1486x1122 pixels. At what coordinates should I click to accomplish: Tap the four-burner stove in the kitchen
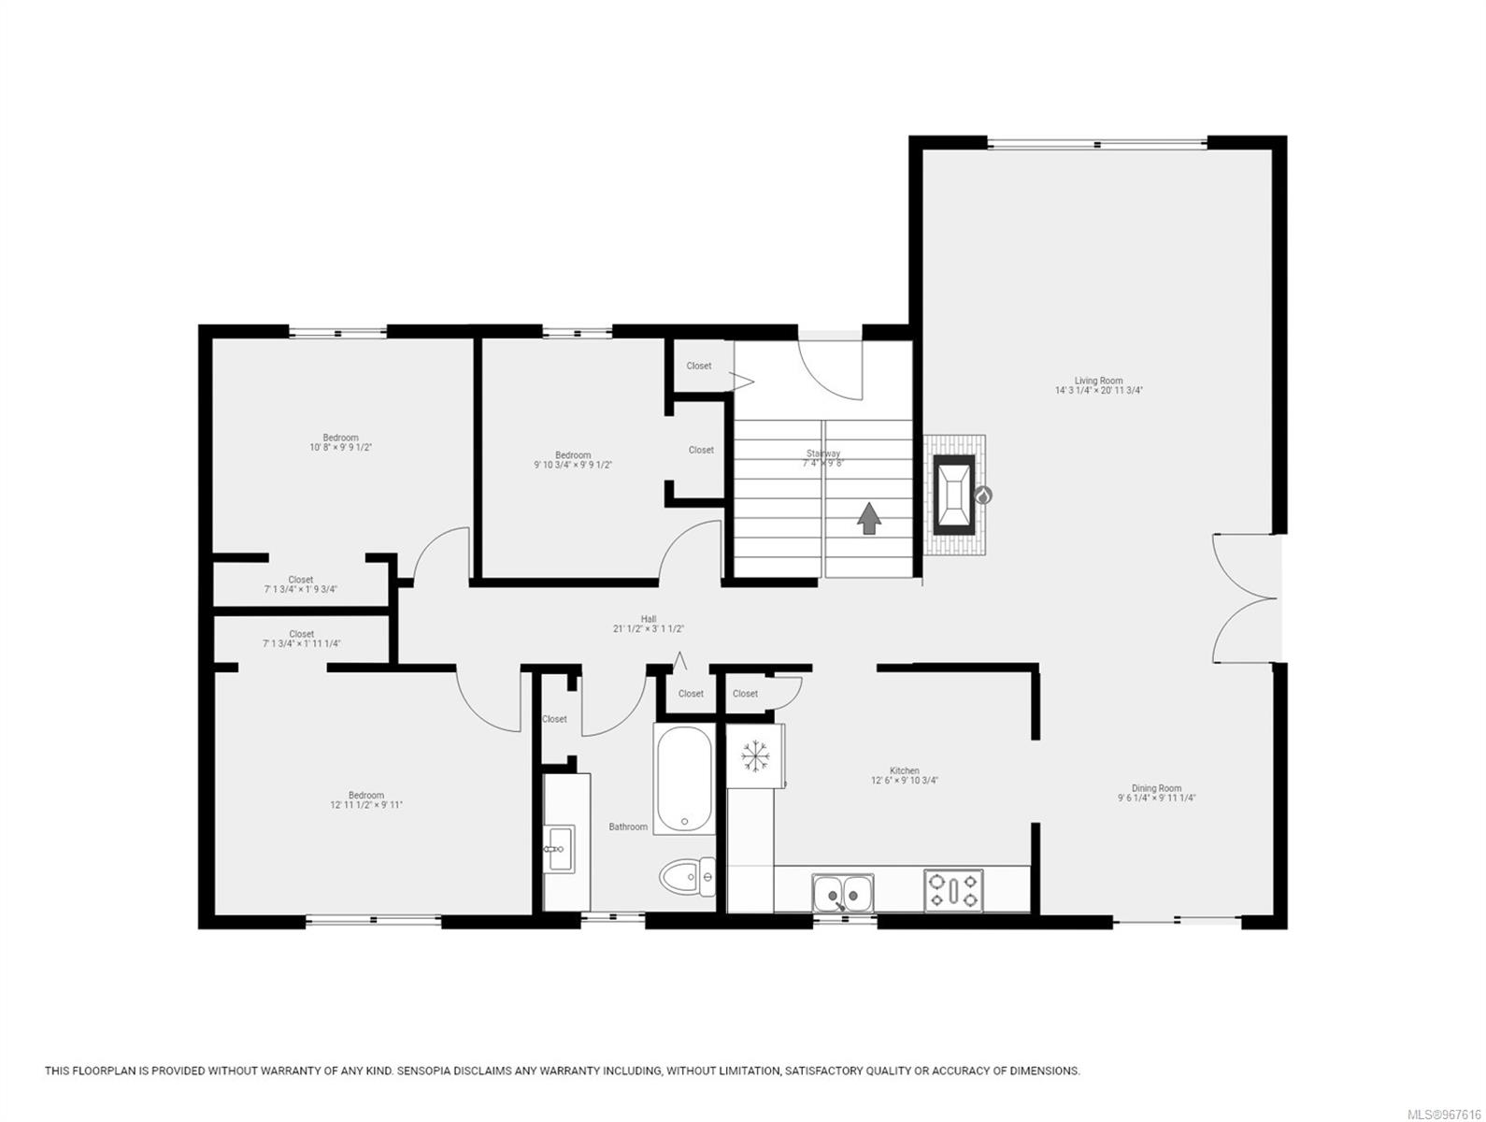(x=953, y=889)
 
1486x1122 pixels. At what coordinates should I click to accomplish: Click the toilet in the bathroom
(x=687, y=877)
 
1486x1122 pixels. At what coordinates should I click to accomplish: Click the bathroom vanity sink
(x=560, y=848)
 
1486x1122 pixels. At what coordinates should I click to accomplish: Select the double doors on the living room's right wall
(x=1246, y=598)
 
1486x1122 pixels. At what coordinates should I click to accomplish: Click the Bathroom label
(x=628, y=827)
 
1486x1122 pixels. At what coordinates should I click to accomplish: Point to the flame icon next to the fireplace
(x=982, y=496)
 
